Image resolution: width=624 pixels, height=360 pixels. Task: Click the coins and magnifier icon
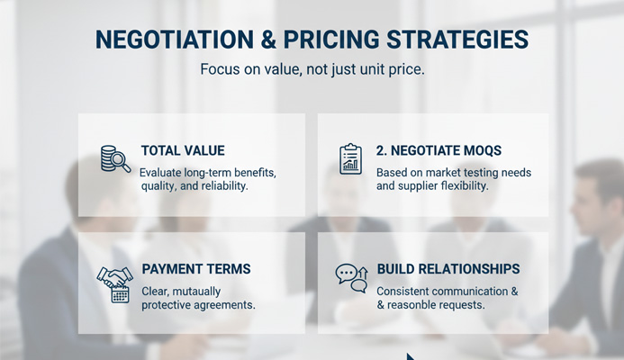click(x=114, y=158)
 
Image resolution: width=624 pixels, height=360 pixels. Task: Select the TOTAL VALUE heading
click(x=183, y=151)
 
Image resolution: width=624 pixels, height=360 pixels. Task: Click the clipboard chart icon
click(x=349, y=158)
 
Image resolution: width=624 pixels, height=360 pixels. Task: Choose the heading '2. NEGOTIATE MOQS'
click(x=439, y=151)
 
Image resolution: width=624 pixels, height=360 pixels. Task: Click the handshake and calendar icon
click(x=114, y=282)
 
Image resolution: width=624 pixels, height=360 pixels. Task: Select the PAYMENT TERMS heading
click(x=195, y=269)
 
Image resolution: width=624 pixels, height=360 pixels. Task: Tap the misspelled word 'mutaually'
click(x=194, y=292)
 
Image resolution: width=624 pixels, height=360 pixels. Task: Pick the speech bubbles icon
click(x=351, y=277)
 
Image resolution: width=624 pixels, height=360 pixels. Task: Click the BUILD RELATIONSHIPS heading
click(x=448, y=269)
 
